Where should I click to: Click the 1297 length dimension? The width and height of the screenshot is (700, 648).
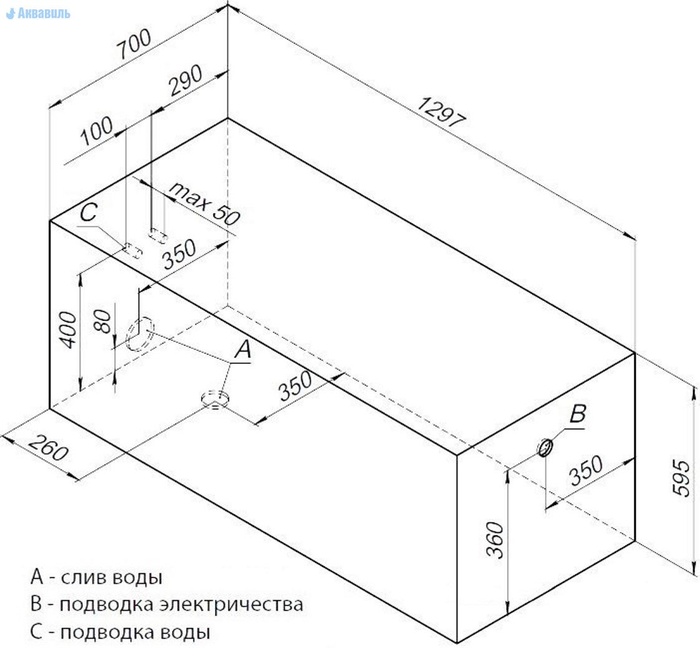(x=443, y=112)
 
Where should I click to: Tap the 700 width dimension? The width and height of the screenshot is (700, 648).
(x=135, y=44)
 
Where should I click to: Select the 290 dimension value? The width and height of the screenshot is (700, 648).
(x=186, y=80)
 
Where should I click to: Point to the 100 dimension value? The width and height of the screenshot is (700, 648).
(x=97, y=130)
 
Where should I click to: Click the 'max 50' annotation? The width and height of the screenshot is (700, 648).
(x=204, y=204)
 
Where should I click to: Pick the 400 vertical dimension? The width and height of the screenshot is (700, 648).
(x=69, y=330)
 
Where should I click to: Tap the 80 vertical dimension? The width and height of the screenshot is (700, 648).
(x=103, y=322)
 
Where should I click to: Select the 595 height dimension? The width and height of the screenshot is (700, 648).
(x=681, y=478)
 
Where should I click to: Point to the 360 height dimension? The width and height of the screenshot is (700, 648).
(x=495, y=540)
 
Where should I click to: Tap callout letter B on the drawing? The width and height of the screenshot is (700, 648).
(x=578, y=414)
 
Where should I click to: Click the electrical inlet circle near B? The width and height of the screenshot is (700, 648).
(x=545, y=447)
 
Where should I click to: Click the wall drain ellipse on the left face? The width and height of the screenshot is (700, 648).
(x=140, y=334)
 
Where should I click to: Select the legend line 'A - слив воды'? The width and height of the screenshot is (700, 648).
(x=97, y=577)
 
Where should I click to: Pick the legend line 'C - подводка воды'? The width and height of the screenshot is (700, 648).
(x=120, y=632)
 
